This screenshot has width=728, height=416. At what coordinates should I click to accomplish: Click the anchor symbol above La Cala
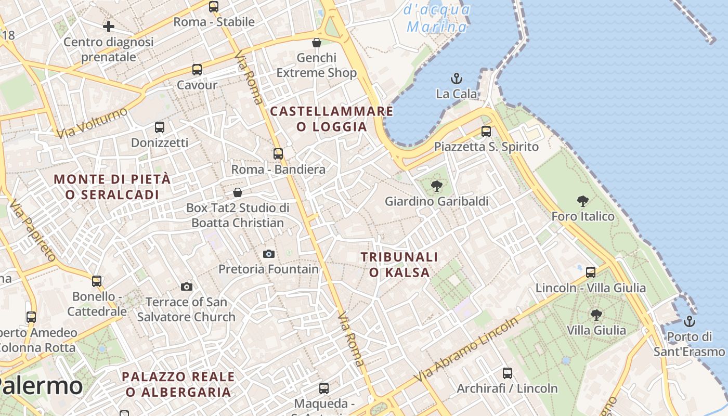coord(456,79)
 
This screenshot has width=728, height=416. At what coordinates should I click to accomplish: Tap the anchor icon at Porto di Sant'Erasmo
coord(690,321)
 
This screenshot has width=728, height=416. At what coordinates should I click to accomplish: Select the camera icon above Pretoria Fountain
coord(269,254)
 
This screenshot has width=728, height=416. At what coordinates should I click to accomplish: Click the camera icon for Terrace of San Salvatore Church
coord(187,287)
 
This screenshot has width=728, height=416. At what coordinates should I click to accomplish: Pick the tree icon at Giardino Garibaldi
coord(437,186)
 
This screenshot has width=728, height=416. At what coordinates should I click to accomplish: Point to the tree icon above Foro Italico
coord(583,201)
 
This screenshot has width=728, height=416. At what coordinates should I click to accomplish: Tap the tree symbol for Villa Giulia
coord(596,315)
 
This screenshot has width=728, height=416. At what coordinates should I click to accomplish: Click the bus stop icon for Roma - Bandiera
coord(278,154)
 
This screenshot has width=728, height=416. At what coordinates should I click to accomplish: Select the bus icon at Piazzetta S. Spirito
coord(486,132)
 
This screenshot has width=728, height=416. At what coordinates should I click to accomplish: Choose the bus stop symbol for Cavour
coord(197,70)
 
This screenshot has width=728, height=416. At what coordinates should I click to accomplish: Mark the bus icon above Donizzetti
coord(160,127)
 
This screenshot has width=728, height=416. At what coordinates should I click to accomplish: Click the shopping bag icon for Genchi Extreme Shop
coord(316,42)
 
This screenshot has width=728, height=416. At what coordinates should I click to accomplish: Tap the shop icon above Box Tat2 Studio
coord(238,192)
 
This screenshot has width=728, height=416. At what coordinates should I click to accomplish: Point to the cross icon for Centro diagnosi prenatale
coord(109,26)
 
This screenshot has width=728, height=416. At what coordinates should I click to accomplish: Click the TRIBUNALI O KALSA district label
coord(399,265)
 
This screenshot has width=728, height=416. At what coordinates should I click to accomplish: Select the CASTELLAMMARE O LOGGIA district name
coord(332,119)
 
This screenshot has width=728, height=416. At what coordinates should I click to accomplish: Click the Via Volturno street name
coord(92,123)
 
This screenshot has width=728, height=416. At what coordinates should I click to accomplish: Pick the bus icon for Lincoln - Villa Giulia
coord(591,272)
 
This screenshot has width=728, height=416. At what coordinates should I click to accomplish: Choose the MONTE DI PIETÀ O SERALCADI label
coord(112,187)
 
